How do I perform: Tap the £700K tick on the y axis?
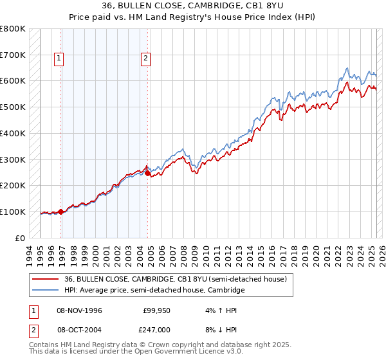[13, 55]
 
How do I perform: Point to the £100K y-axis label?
[13, 212]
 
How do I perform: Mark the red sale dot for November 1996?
[61, 212]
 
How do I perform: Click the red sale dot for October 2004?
[147, 173]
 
